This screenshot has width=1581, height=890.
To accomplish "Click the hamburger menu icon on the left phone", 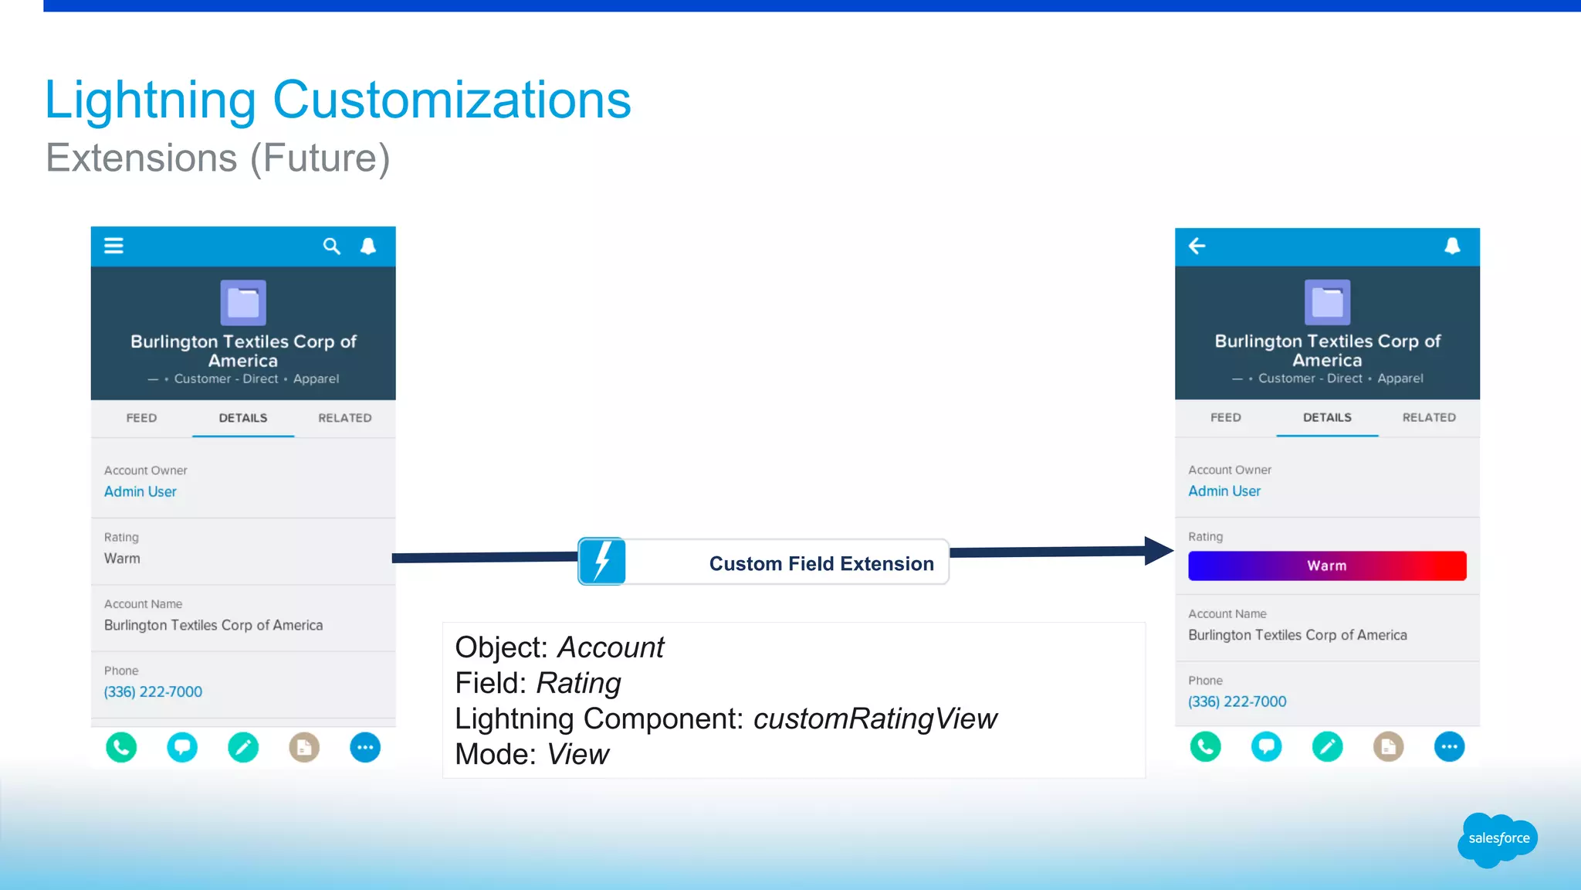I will [113, 246].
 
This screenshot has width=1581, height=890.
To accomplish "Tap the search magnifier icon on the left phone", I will [331, 246].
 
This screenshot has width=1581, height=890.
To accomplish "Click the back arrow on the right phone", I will [1197, 246].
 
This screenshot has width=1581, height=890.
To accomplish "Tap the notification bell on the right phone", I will [1452, 246].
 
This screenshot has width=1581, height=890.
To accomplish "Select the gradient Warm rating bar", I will [1326, 566].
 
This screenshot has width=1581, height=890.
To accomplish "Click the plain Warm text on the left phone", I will [122, 559].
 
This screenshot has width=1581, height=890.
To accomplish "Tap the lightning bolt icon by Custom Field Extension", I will [602, 562].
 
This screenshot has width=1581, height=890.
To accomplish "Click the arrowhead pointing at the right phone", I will [1158, 551].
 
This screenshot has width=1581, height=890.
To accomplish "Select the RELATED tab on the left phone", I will [344, 418].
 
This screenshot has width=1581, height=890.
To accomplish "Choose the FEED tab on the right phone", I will [1225, 417].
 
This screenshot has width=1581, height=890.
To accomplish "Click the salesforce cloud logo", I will [1498, 839].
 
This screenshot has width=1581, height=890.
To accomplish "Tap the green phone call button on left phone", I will [121, 747].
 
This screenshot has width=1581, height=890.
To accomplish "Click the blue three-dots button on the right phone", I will [1449, 746].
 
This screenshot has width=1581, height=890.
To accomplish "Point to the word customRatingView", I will [875, 719].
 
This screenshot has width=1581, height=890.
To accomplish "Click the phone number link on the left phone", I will [153, 692].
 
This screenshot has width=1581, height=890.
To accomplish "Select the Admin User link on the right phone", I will [1224, 491].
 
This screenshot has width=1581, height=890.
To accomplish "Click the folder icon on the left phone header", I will [243, 303].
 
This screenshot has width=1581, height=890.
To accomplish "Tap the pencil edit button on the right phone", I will [1327, 746].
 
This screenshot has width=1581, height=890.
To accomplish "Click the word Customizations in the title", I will [452, 100].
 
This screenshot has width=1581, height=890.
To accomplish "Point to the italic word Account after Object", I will [610, 647].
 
